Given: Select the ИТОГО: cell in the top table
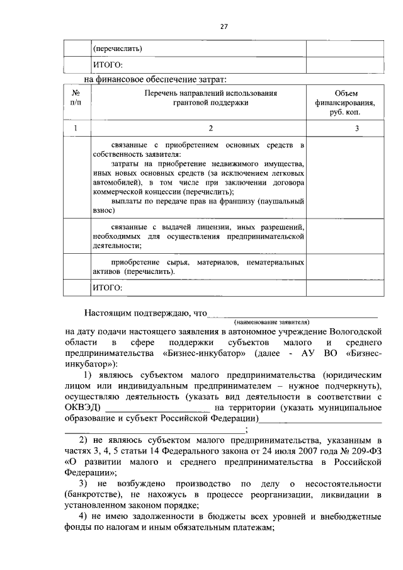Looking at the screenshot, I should (x=107, y=65).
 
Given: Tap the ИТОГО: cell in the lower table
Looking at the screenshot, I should (x=107, y=287).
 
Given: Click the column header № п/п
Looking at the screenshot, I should (x=76, y=97).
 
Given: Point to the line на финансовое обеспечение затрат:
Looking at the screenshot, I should (x=155, y=79).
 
